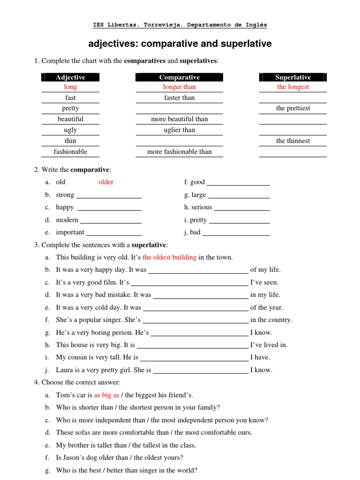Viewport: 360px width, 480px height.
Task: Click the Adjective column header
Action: tap(70, 77)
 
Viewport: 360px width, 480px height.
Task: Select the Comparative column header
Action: tap(179, 77)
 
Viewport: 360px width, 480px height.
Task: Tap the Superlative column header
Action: tap(293, 77)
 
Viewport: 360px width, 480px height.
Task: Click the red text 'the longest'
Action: tap(293, 87)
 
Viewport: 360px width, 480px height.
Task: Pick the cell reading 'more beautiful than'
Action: tap(179, 119)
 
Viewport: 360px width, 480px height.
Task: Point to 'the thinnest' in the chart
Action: tap(293, 141)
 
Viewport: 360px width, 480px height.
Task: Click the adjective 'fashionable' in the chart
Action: tap(70, 151)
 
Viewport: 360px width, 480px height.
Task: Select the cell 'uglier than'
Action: tap(179, 130)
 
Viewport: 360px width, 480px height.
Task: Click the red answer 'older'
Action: tap(106, 182)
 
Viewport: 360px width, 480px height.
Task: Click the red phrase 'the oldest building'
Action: tap(169, 257)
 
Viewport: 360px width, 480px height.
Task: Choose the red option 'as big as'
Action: tap(106, 395)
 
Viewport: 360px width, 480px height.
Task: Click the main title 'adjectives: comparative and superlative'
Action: tap(180, 44)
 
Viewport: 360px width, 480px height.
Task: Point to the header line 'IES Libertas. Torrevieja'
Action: tap(180, 25)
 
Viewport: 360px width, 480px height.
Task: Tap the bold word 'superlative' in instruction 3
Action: tap(149, 245)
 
